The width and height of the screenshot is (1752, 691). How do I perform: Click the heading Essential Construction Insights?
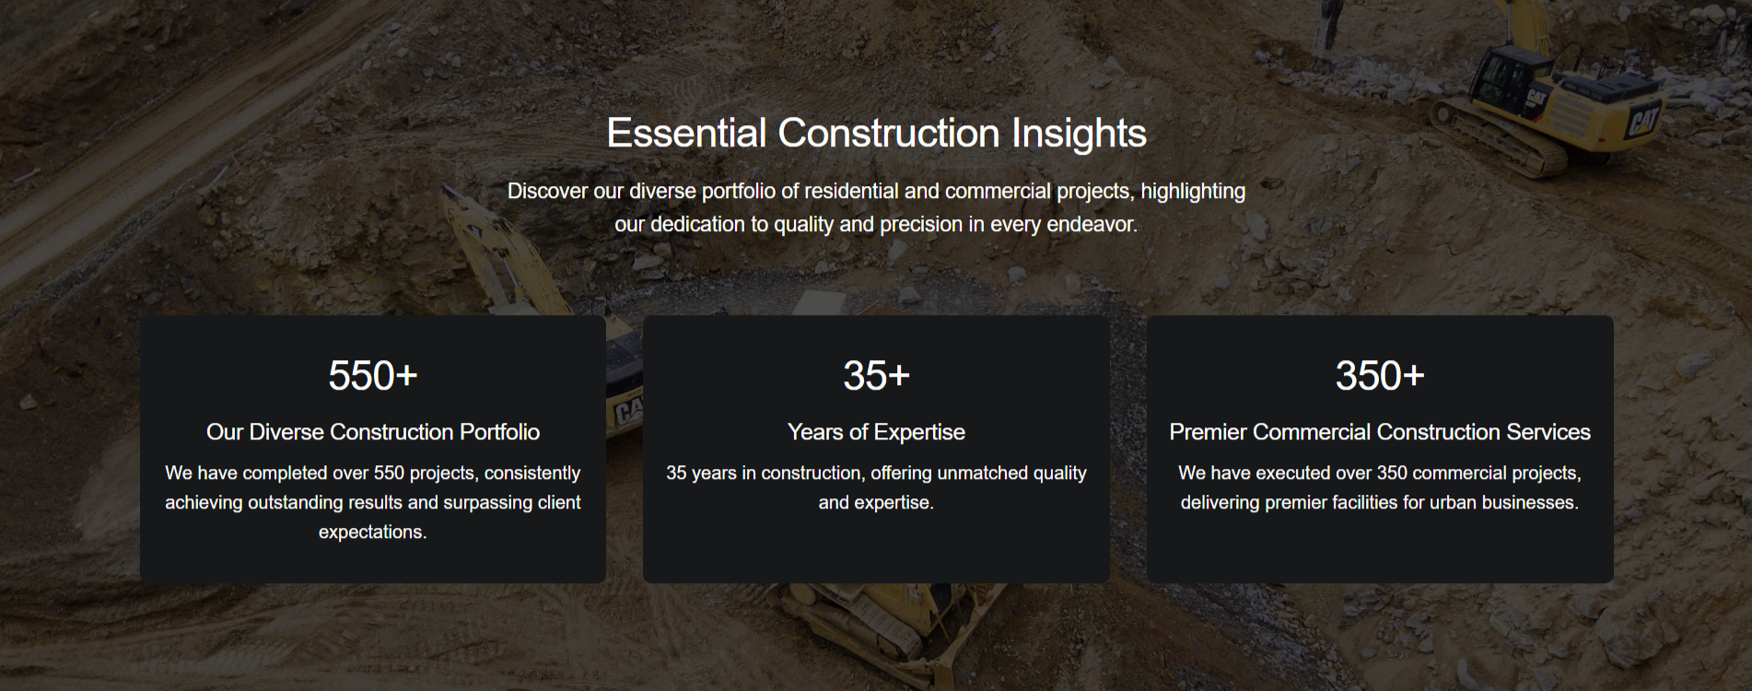click(x=876, y=134)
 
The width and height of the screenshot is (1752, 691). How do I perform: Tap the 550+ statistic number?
click(x=373, y=376)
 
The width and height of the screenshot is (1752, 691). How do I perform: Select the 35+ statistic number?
click(x=876, y=376)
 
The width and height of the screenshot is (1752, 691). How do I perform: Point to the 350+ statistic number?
click(x=1380, y=376)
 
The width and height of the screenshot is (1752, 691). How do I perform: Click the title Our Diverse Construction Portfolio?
click(x=373, y=432)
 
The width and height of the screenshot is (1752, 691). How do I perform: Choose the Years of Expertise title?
click(x=876, y=432)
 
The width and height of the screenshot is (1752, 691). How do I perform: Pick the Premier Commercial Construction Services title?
click(x=1380, y=432)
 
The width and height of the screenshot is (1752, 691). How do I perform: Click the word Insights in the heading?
click(x=1079, y=134)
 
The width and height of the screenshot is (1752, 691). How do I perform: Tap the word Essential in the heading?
click(x=686, y=134)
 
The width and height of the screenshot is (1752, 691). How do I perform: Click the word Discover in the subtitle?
click(x=547, y=192)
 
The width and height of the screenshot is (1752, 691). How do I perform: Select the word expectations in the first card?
click(x=371, y=533)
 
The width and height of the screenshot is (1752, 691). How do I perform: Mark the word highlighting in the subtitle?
click(x=1193, y=192)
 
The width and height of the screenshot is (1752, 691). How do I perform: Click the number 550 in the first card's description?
click(x=389, y=474)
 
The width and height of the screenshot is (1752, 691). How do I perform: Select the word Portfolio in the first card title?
click(x=500, y=432)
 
